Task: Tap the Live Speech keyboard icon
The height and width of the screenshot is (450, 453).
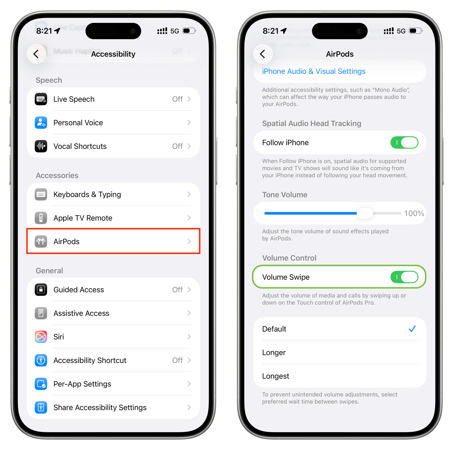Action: (x=41, y=99)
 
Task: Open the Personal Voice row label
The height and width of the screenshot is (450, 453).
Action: (x=78, y=123)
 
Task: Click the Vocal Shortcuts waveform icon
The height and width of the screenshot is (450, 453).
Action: (x=41, y=146)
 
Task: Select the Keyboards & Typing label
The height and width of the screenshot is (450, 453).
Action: (x=87, y=195)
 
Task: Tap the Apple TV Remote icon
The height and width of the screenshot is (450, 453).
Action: (x=41, y=218)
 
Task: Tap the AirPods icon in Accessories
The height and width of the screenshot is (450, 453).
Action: (x=41, y=241)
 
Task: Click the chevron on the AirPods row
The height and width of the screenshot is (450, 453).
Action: (x=189, y=241)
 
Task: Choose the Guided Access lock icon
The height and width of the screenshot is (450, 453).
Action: (x=41, y=290)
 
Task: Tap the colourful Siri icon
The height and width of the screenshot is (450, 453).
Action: (x=41, y=337)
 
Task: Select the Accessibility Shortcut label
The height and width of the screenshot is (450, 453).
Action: (x=90, y=360)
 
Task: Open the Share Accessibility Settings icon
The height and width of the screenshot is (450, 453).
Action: (x=41, y=407)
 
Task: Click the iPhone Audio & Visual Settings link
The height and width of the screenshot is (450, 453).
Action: (x=314, y=71)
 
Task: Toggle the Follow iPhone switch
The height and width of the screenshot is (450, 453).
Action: (x=404, y=143)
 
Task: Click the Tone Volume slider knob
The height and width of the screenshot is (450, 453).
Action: (x=365, y=213)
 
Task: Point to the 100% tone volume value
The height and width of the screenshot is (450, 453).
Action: (x=414, y=214)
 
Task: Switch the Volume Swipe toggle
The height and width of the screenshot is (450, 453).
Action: (x=404, y=277)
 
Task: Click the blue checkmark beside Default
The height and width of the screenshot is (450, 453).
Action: (x=412, y=329)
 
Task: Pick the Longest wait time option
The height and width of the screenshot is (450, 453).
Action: (x=276, y=376)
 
